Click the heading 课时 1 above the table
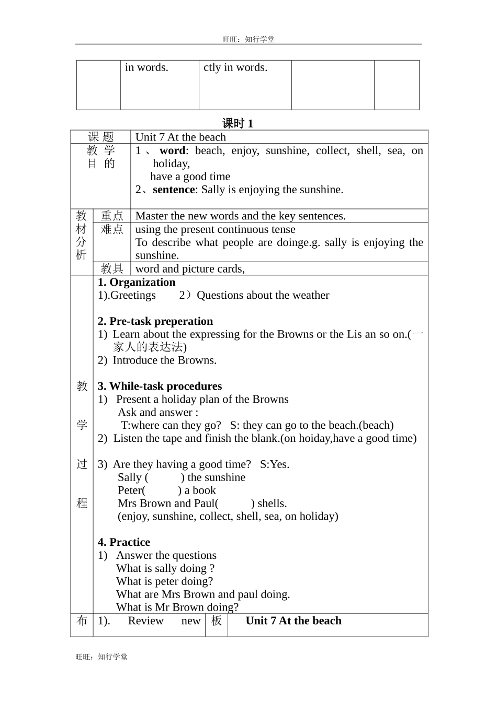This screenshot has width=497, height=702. (238, 123)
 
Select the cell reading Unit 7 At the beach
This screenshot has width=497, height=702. (180, 137)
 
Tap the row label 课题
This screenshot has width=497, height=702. (101, 137)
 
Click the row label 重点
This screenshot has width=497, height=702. (112, 216)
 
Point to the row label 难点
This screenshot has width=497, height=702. (112, 229)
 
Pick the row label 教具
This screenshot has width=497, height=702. (112, 268)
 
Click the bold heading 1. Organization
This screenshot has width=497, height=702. (137, 282)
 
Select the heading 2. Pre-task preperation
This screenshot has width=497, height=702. (155, 321)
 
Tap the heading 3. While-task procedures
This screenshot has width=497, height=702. (160, 386)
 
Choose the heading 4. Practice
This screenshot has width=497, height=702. (124, 542)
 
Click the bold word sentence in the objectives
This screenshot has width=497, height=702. (174, 190)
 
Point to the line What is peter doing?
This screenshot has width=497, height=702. (165, 581)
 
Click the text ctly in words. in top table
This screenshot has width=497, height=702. (235, 67)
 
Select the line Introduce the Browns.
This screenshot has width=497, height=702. (164, 360)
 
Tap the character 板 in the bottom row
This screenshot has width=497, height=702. (217, 621)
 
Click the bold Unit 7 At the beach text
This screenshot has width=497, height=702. (293, 621)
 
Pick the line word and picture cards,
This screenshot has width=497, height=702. (190, 268)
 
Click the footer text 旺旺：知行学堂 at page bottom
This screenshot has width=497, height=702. (101, 657)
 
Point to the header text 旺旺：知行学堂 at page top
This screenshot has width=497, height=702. (249, 39)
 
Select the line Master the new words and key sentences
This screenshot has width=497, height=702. (240, 216)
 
